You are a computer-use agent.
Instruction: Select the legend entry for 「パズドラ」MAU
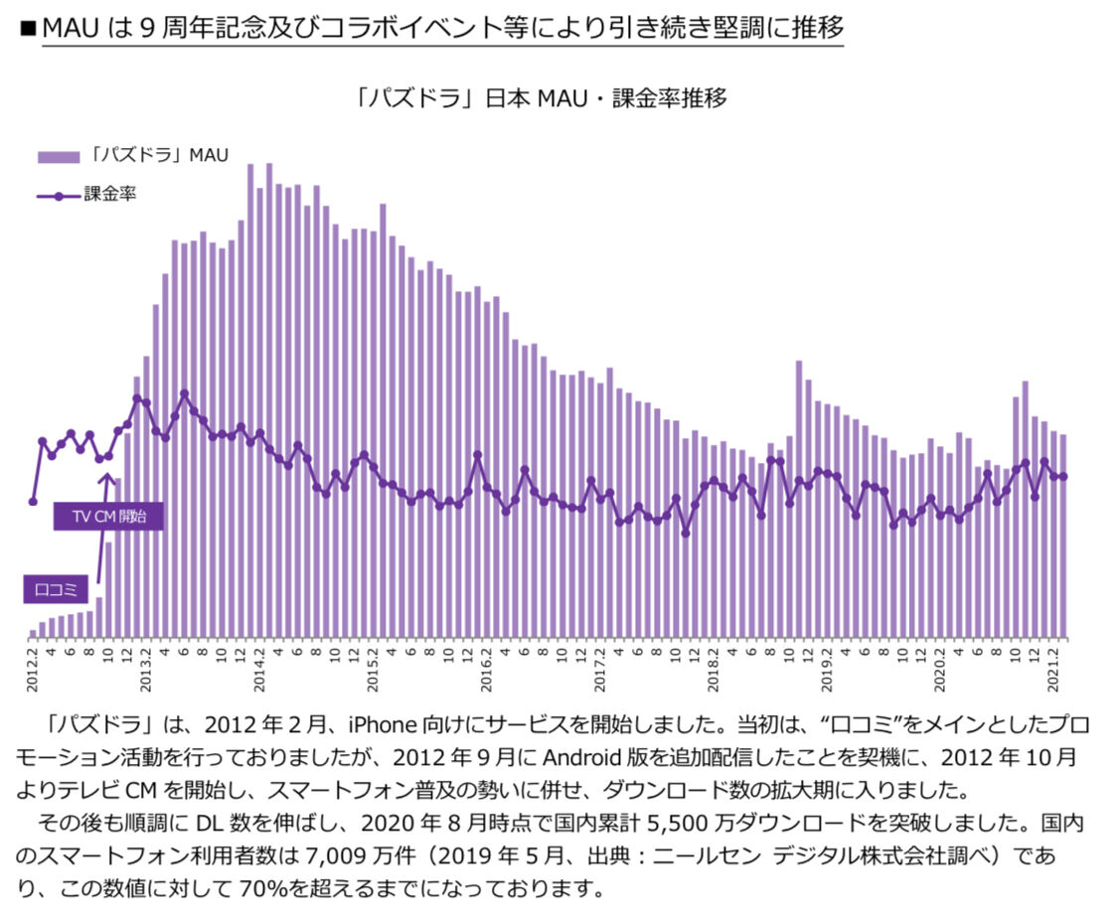coord(133,155)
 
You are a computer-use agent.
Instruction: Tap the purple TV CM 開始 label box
coord(109,517)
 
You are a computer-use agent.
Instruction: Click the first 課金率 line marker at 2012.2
coord(33,502)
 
